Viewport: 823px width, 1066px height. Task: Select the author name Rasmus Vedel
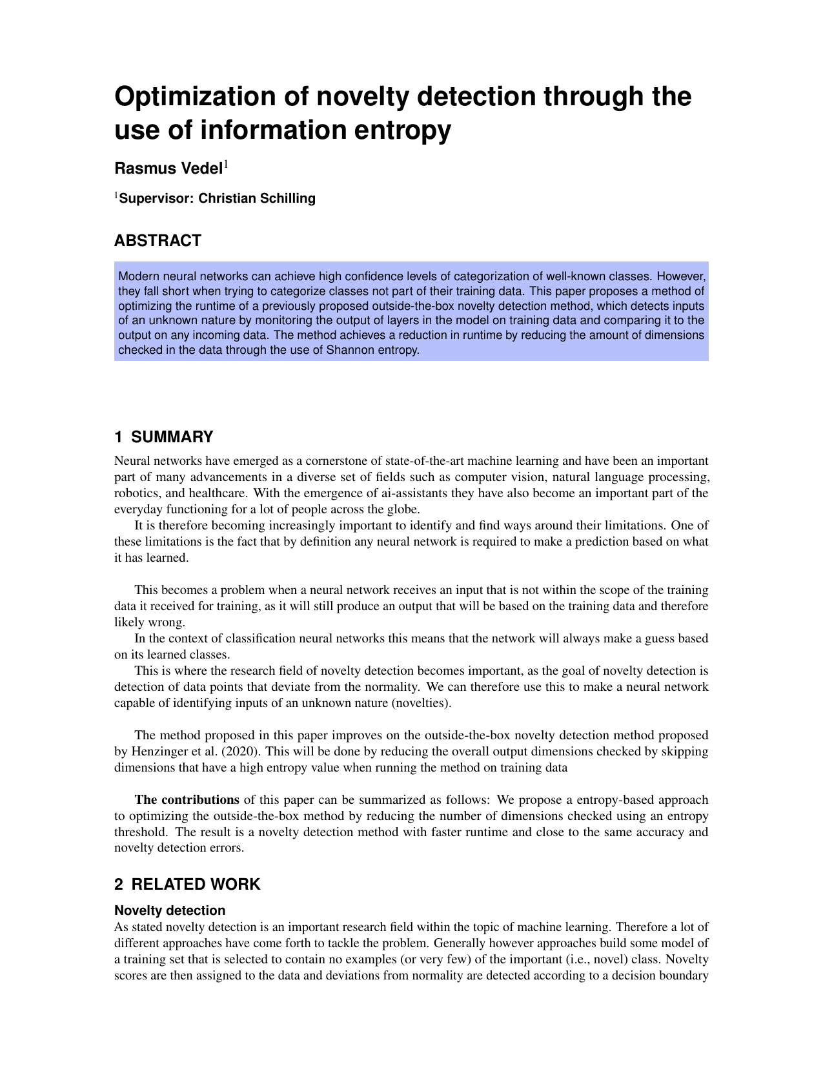168,169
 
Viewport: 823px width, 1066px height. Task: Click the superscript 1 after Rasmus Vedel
226,165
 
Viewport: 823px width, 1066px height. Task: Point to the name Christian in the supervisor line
226,198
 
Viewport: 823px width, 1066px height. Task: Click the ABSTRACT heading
157,241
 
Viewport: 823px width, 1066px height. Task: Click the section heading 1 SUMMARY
163,437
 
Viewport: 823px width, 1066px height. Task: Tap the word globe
404,509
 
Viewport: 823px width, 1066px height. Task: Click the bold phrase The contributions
187,800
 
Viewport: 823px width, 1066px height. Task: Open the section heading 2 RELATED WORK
187,885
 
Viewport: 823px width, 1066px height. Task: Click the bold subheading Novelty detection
170,910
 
